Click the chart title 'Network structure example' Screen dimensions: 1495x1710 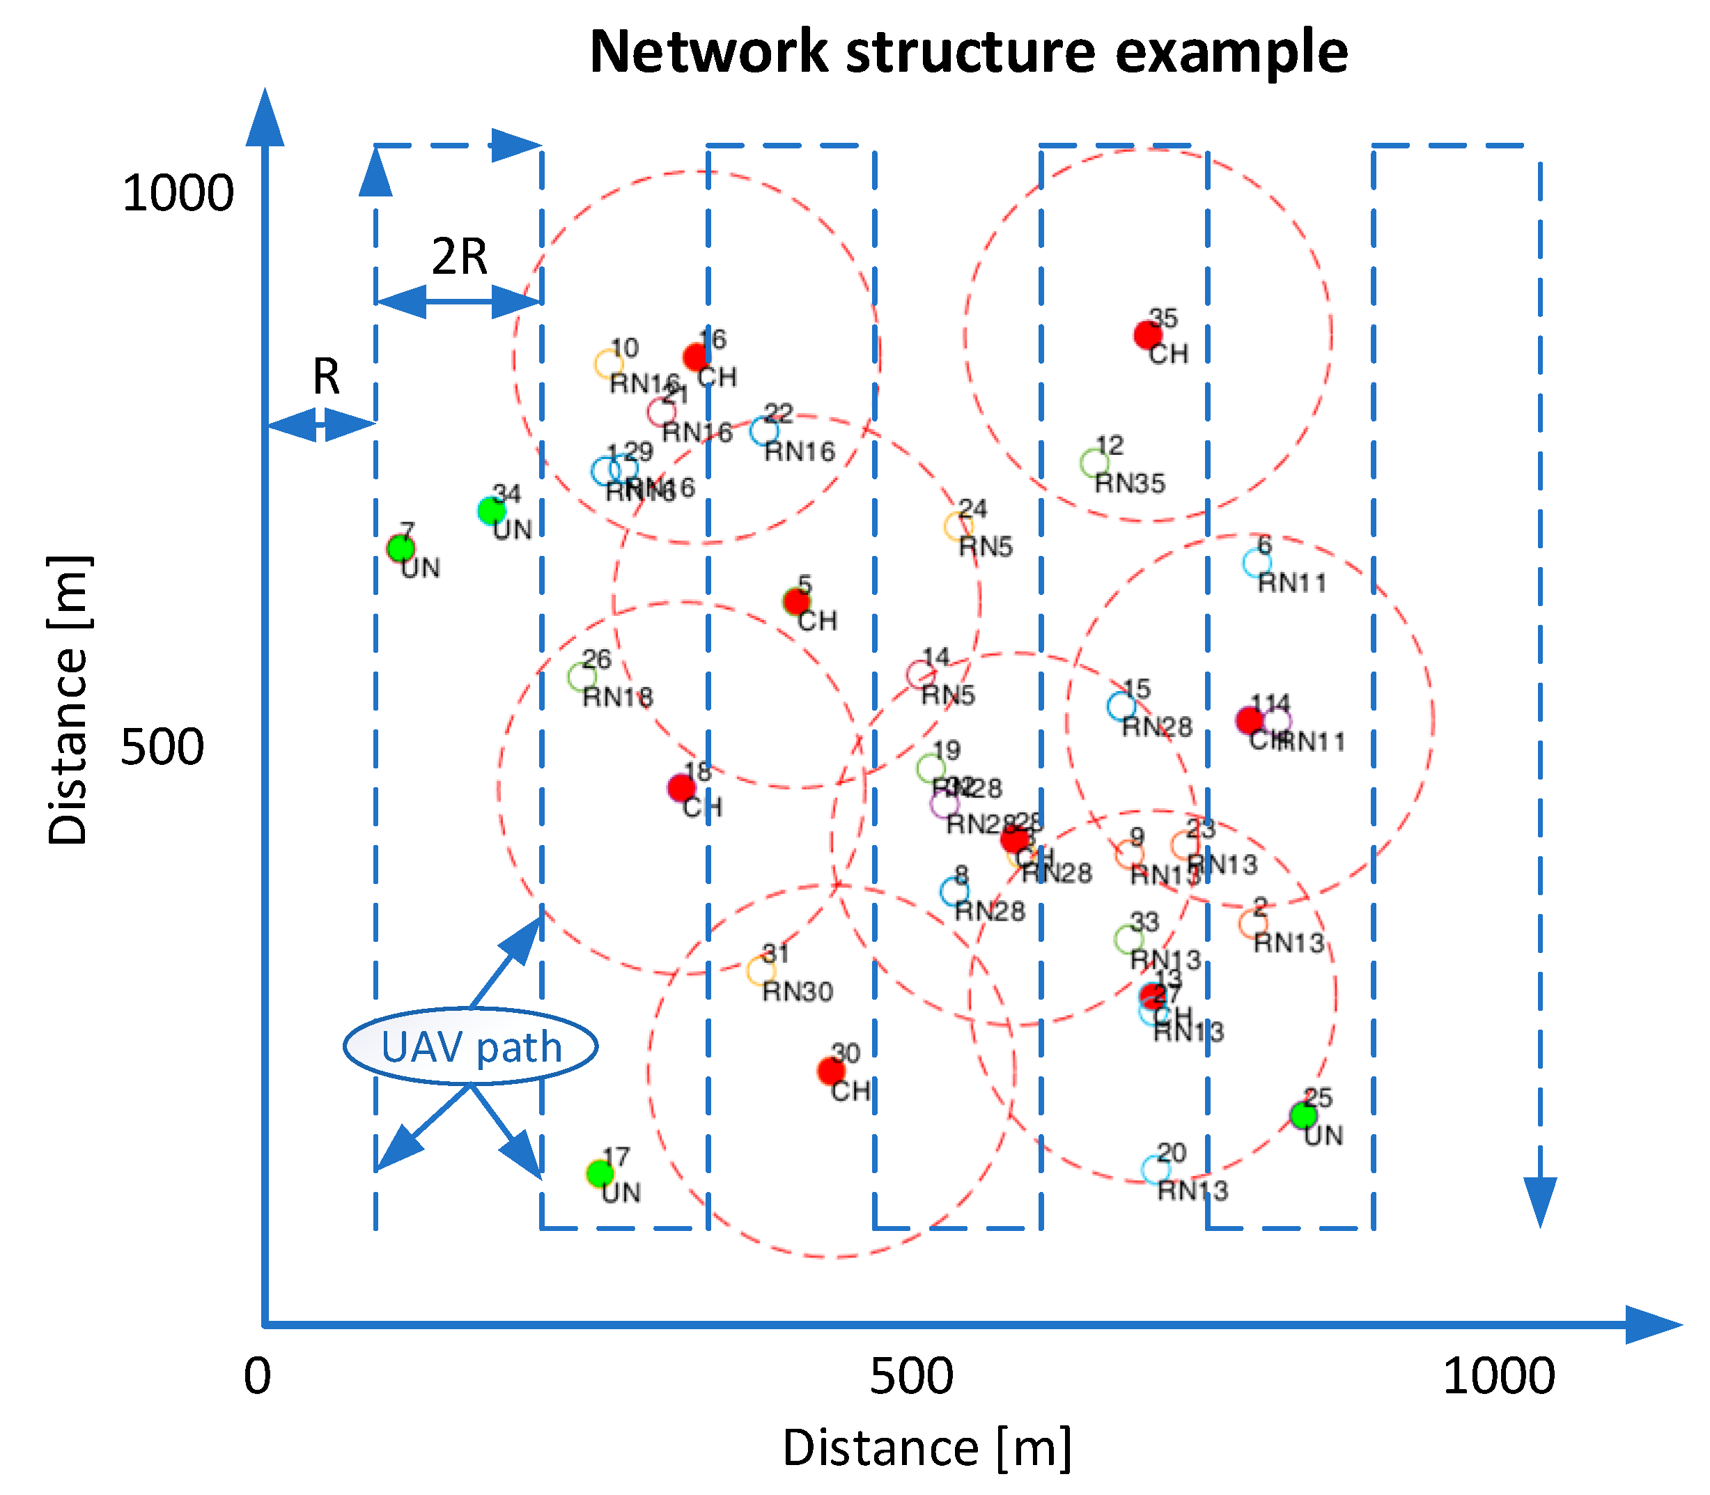point(967,52)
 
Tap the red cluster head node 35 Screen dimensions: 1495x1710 point(1148,334)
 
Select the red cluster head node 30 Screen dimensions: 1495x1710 point(831,1070)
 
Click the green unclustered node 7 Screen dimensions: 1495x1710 point(401,548)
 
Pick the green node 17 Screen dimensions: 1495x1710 point(599,1173)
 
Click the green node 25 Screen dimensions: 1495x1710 point(1303,1115)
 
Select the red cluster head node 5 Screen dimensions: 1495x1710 point(797,601)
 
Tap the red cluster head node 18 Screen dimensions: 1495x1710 point(681,787)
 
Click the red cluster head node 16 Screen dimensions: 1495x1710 point(696,357)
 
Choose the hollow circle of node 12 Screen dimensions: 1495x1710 point(1094,463)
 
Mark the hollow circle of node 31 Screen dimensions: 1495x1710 point(761,970)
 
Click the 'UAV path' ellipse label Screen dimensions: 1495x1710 point(472,1046)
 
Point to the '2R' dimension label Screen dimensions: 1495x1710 point(460,256)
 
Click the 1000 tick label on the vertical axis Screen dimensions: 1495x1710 point(178,194)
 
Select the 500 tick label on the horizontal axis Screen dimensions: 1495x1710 point(912,1376)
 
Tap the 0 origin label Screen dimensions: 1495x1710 point(258,1376)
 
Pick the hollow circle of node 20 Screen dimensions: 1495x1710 point(1156,1170)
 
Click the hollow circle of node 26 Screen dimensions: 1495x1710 point(582,676)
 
